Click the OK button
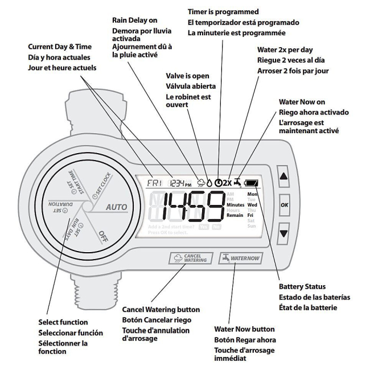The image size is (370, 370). click(283, 204)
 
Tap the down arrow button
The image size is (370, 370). click(283, 233)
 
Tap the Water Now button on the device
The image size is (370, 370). click(240, 258)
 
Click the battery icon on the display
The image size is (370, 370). click(251, 184)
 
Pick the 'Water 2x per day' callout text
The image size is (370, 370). click(285, 50)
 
